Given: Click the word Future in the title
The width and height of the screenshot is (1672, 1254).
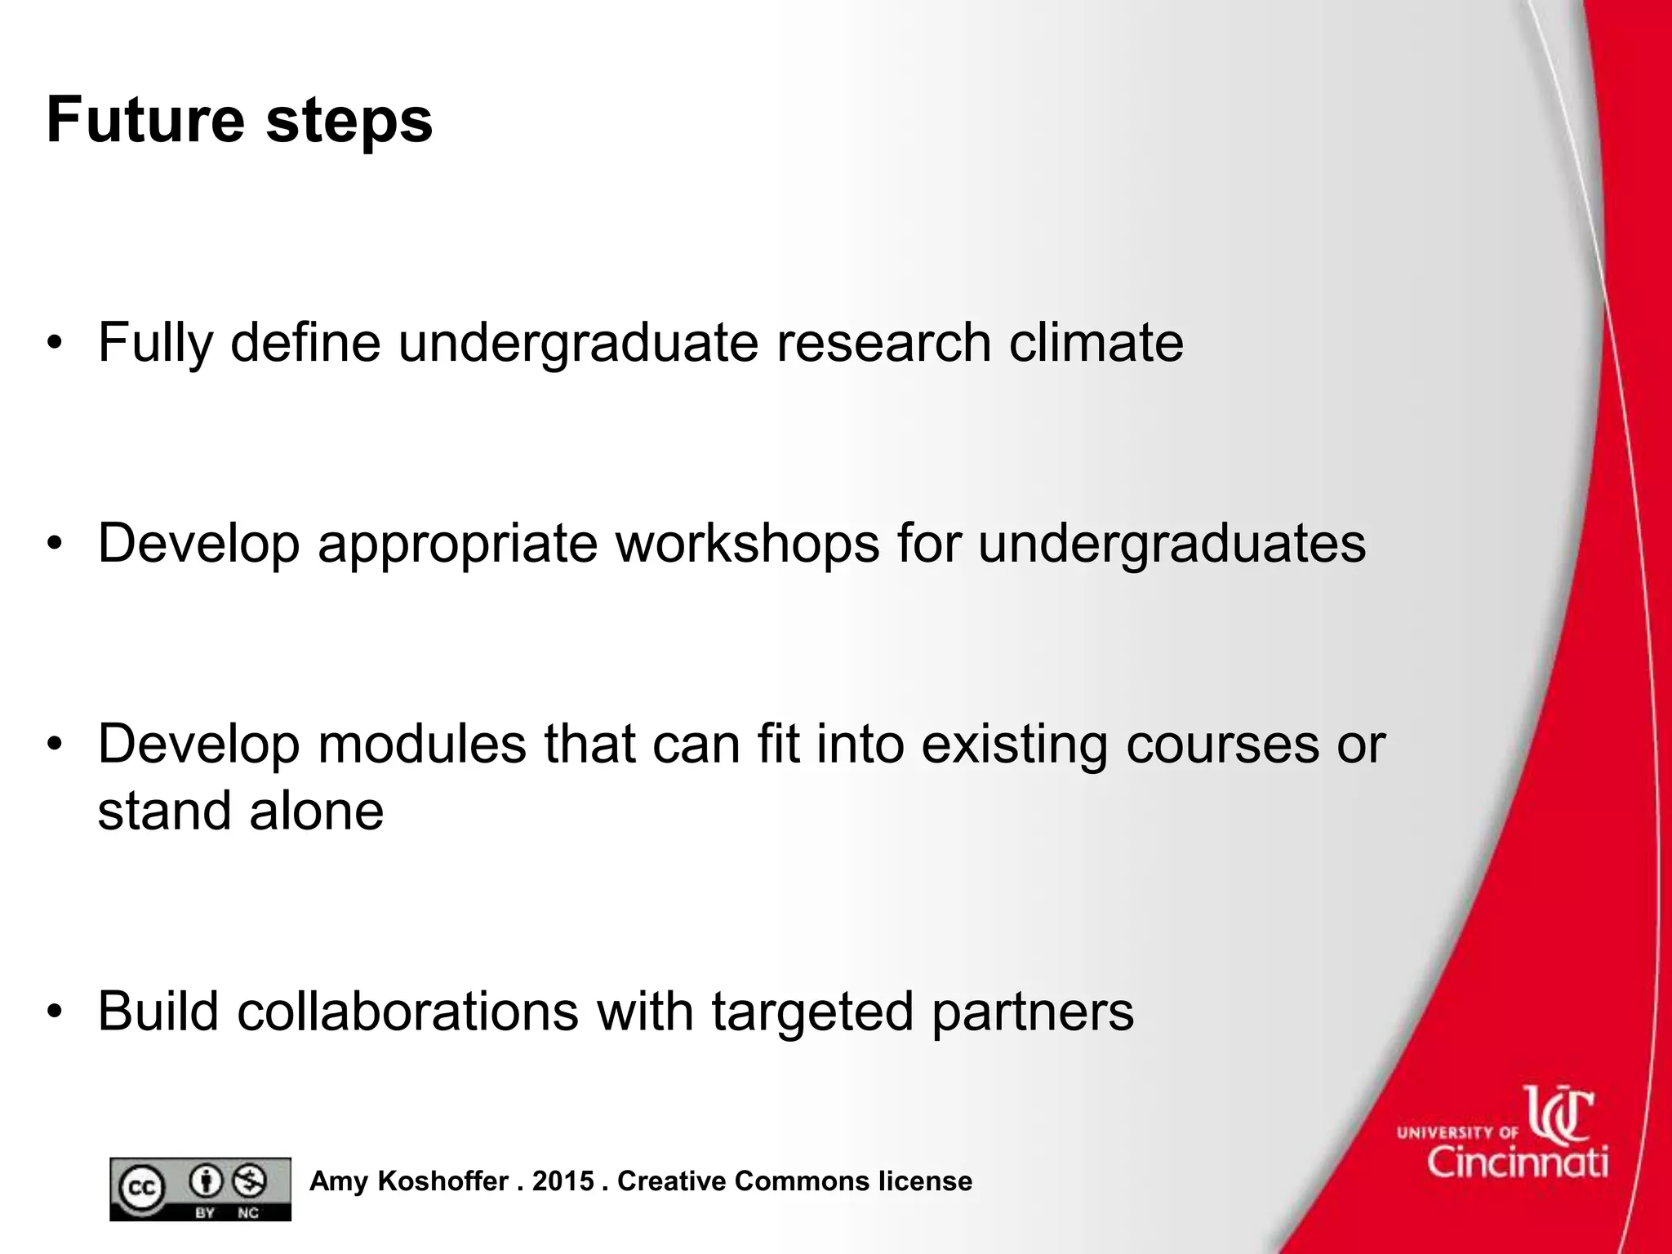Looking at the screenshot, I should tap(145, 120).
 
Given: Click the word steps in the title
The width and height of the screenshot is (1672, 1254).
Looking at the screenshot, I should tap(349, 122).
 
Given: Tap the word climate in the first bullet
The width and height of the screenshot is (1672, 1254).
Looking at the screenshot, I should tap(1096, 342).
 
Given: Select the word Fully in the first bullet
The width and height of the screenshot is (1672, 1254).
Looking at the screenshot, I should tap(155, 344).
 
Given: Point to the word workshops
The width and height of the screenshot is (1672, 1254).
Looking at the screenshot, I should tap(747, 543).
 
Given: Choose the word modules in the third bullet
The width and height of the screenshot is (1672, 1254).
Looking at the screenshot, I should tap(422, 744).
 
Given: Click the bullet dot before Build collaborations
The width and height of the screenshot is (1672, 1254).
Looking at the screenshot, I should tap(55, 1012).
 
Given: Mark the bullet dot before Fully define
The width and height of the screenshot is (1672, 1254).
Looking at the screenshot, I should tap(55, 342).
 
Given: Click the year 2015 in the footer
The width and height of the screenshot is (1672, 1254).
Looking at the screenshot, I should tap(563, 1181).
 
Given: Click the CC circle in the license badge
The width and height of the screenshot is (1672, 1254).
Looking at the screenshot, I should tap(142, 1189).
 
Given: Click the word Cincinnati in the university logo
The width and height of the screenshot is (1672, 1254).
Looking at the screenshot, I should tap(1518, 1161).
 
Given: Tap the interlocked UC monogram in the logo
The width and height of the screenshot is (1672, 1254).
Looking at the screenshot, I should tap(1559, 1114).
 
